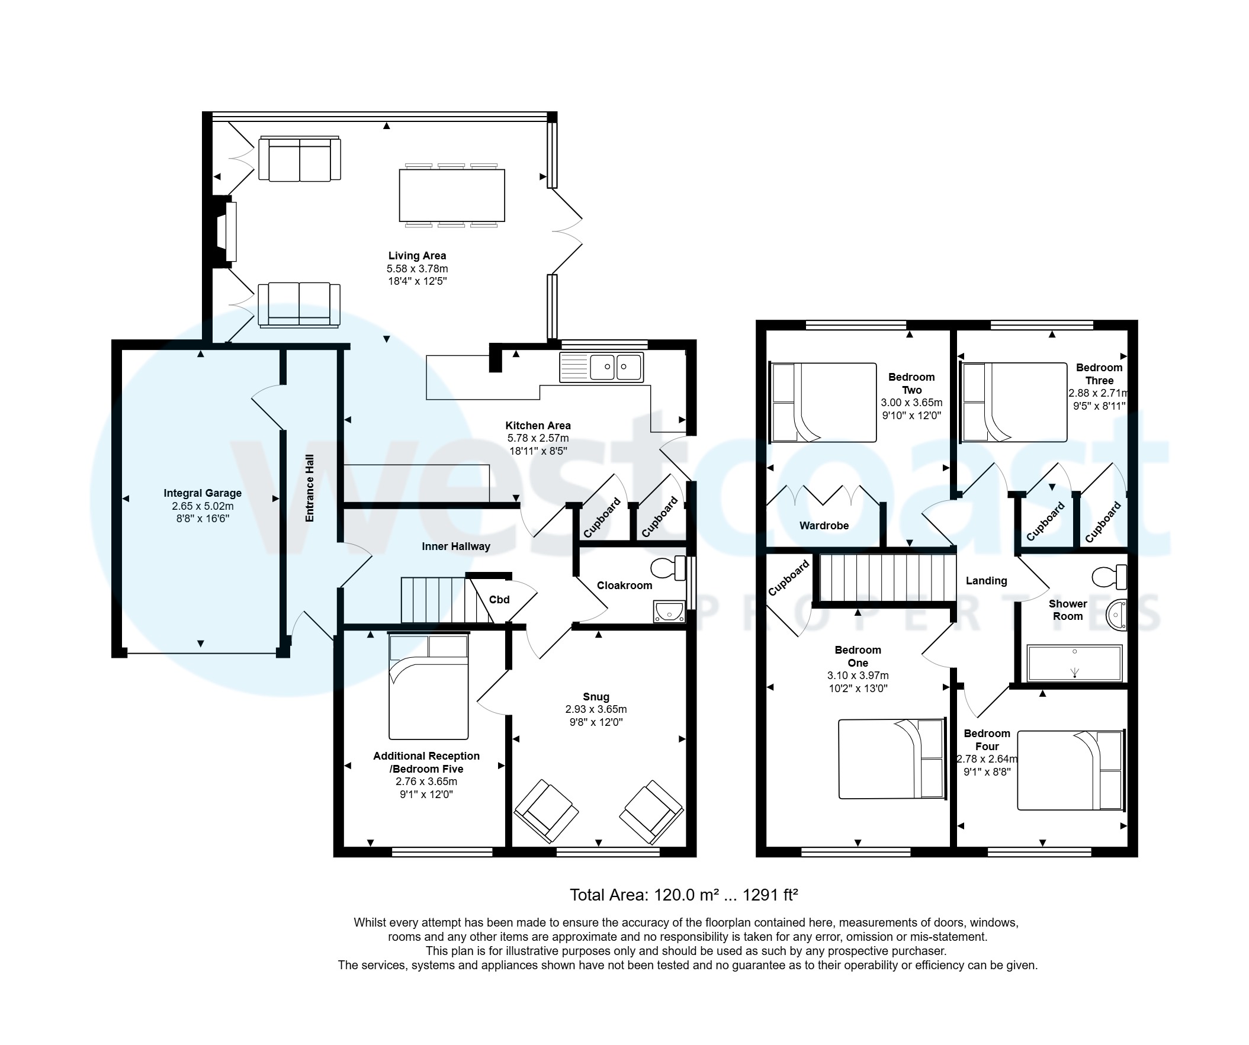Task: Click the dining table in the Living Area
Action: click(x=452, y=195)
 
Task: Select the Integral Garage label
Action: click(x=202, y=493)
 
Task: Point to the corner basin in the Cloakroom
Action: click(x=669, y=612)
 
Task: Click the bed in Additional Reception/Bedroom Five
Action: click(x=428, y=687)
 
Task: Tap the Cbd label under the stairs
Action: click(x=499, y=600)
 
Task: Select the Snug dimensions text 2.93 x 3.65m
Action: click(x=596, y=709)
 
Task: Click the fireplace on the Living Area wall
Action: click(x=227, y=231)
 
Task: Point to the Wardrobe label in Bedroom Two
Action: click(x=824, y=526)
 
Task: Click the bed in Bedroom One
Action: click(x=891, y=759)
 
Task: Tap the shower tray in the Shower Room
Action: click(x=1074, y=663)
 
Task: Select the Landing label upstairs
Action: click(x=986, y=581)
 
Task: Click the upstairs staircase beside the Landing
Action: click(x=886, y=577)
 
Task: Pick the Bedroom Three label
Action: click(x=1099, y=374)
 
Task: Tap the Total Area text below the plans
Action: click(x=683, y=895)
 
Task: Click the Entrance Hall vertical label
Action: click(x=309, y=488)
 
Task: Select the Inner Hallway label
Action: click(x=455, y=546)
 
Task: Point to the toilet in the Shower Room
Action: click(x=1109, y=576)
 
